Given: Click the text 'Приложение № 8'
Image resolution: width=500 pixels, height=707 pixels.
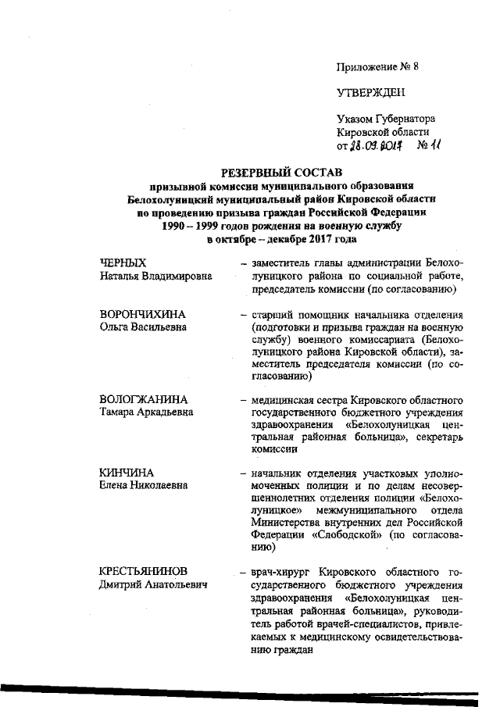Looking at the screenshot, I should click(377, 66).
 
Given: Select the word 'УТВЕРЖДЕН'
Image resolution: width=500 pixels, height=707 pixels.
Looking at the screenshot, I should click(370, 93).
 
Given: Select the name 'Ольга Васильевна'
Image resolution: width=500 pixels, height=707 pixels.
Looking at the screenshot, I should click(143, 327).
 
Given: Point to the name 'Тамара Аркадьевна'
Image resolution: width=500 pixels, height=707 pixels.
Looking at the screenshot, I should click(146, 412).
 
